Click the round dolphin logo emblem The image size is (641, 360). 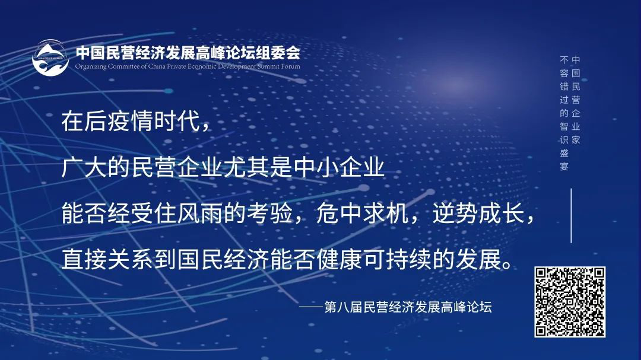50,58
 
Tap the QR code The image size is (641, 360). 570,302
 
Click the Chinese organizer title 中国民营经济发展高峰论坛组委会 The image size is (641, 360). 188,53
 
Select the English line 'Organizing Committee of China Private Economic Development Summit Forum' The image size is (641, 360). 188,66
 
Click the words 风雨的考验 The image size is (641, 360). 232,215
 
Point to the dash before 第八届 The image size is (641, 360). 310,308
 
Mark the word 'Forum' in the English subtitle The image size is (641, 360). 291,66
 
